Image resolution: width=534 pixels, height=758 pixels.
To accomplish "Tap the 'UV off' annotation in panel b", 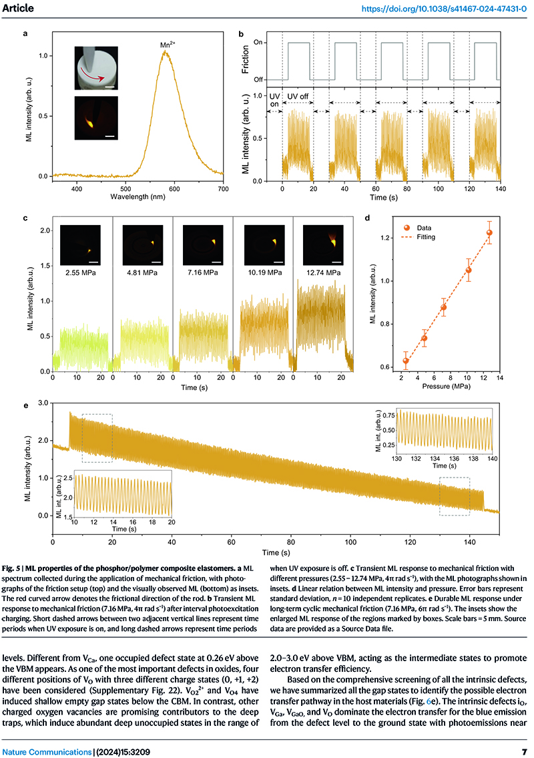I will [297, 98].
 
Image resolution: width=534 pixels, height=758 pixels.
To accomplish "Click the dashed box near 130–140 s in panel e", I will [454, 496].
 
